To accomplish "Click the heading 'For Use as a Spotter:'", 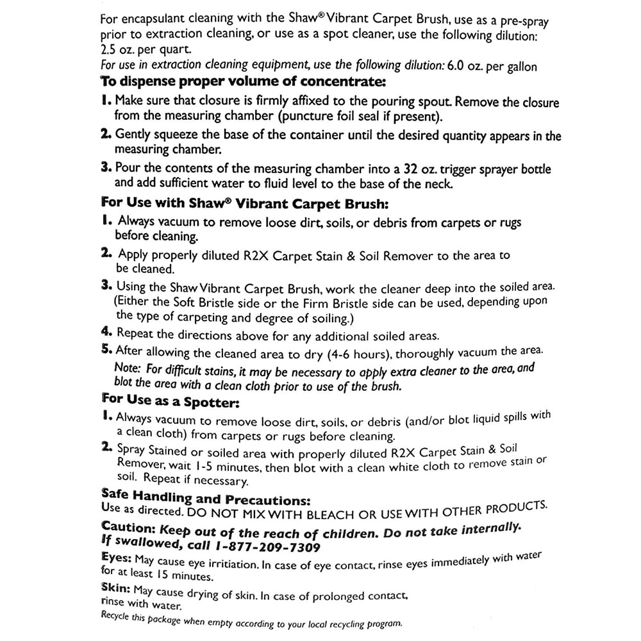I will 171,401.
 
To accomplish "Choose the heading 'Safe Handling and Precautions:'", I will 206,498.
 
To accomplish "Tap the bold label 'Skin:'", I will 116,587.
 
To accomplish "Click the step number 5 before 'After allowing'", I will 106,350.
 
